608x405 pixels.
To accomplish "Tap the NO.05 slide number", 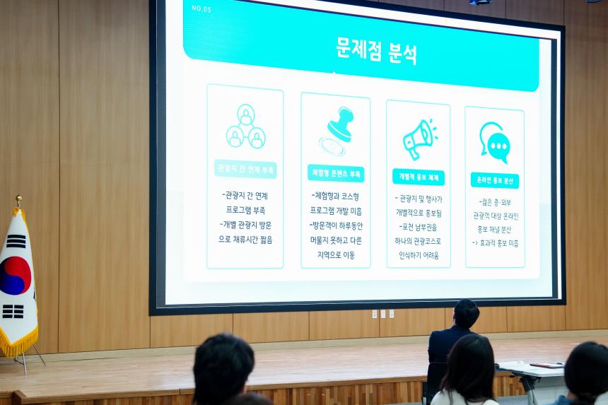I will tap(201, 8).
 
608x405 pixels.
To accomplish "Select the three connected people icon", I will tap(245, 127).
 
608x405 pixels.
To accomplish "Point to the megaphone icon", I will tap(419, 139).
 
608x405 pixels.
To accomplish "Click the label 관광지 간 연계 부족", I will tap(245, 170).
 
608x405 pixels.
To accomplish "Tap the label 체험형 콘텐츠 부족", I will tap(336, 173).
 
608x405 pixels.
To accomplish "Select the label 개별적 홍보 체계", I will tap(418, 177).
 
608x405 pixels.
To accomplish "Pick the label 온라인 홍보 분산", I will tap(495, 180).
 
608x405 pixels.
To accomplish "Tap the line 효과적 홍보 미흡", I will tap(495, 242).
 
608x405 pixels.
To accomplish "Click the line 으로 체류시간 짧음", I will tap(245, 240).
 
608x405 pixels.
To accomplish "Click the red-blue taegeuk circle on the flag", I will tap(13, 275).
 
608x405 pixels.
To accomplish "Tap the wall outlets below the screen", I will tap(383, 314).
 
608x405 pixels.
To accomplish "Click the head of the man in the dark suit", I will tap(466, 313).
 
